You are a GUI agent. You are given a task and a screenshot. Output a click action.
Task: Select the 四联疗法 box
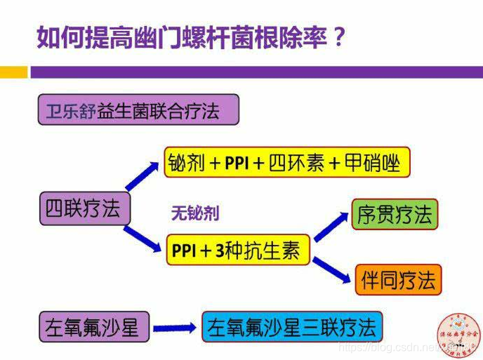point(84,208)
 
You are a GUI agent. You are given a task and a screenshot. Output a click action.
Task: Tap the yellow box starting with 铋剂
point(286,164)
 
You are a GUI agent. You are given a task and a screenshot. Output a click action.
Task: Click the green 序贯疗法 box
point(394,215)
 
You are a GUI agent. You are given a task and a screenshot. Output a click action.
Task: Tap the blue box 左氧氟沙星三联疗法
point(292,327)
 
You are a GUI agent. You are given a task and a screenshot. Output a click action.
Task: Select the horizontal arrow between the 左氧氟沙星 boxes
point(173,328)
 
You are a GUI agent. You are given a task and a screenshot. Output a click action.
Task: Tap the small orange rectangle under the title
point(13,72)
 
